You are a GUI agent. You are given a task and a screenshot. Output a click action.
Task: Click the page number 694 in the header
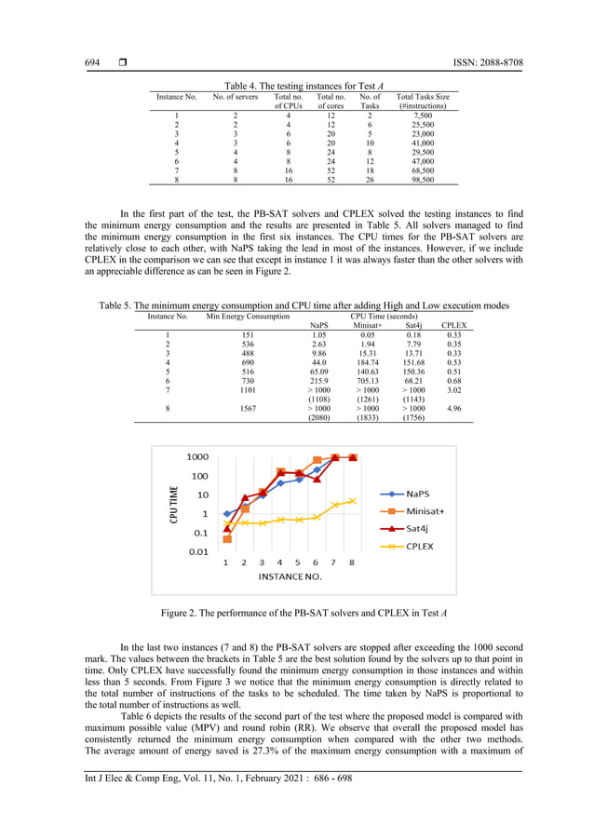tap(92, 62)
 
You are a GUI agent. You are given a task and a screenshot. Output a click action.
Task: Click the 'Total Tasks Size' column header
tap(422, 102)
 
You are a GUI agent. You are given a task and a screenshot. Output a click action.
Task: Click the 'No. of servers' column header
tap(235, 97)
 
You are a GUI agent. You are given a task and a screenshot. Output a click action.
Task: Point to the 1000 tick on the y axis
tap(196, 457)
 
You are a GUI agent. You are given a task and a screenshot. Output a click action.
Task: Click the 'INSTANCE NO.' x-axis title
tap(290, 576)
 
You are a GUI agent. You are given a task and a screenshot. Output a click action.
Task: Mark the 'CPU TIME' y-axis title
tap(174, 505)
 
